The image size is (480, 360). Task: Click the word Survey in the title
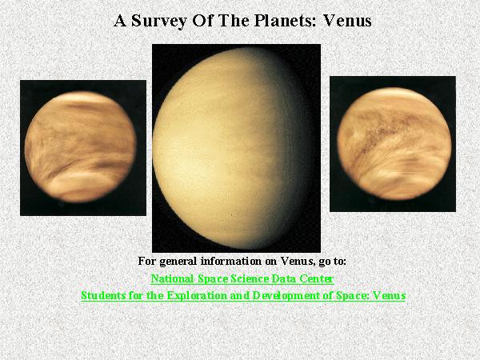(x=159, y=22)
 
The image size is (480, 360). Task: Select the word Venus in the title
(x=347, y=21)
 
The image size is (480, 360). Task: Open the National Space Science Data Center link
(x=242, y=279)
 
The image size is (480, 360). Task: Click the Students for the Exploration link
(x=243, y=295)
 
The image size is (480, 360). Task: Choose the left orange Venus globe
(x=80, y=147)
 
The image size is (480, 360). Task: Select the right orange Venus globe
(x=394, y=144)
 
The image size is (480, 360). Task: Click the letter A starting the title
(x=120, y=21)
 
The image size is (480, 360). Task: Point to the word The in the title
(x=234, y=21)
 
